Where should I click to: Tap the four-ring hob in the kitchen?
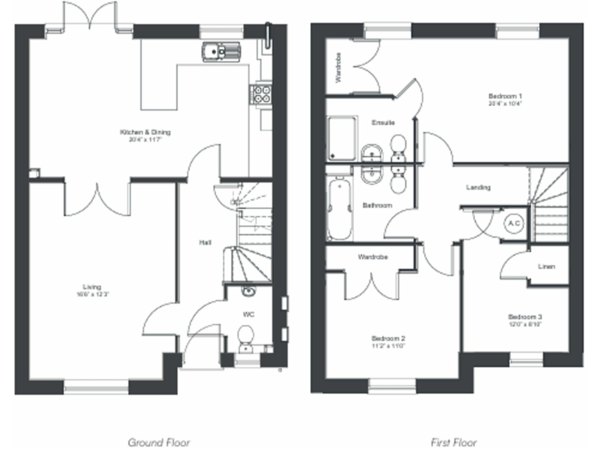click(260, 94)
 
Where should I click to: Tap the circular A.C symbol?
click(514, 223)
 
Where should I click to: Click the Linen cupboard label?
click(546, 267)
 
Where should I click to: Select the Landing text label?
click(478, 187)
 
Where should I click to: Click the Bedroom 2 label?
click(388, 338)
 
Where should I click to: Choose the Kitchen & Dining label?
click(145, 133)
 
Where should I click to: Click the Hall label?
click(205, 243)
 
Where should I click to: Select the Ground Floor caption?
click(158, 441)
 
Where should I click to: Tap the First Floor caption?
click(455, 441)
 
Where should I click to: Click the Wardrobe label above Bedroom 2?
click(373, 256)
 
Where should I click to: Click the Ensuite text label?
click(382, 122)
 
